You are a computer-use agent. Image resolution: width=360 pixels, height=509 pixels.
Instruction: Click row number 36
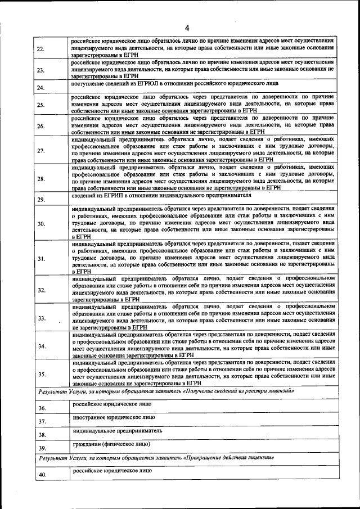pyautogui.click(x=42, y=408)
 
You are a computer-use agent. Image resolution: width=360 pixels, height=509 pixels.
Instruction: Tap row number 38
pyautogui.click(x=42, y=435)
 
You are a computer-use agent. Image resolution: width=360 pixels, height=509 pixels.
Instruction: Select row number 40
pyautogui.click(x=42, y=475)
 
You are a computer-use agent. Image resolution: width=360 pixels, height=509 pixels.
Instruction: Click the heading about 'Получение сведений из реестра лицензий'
pyautogui.click(x=166, y=391)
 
